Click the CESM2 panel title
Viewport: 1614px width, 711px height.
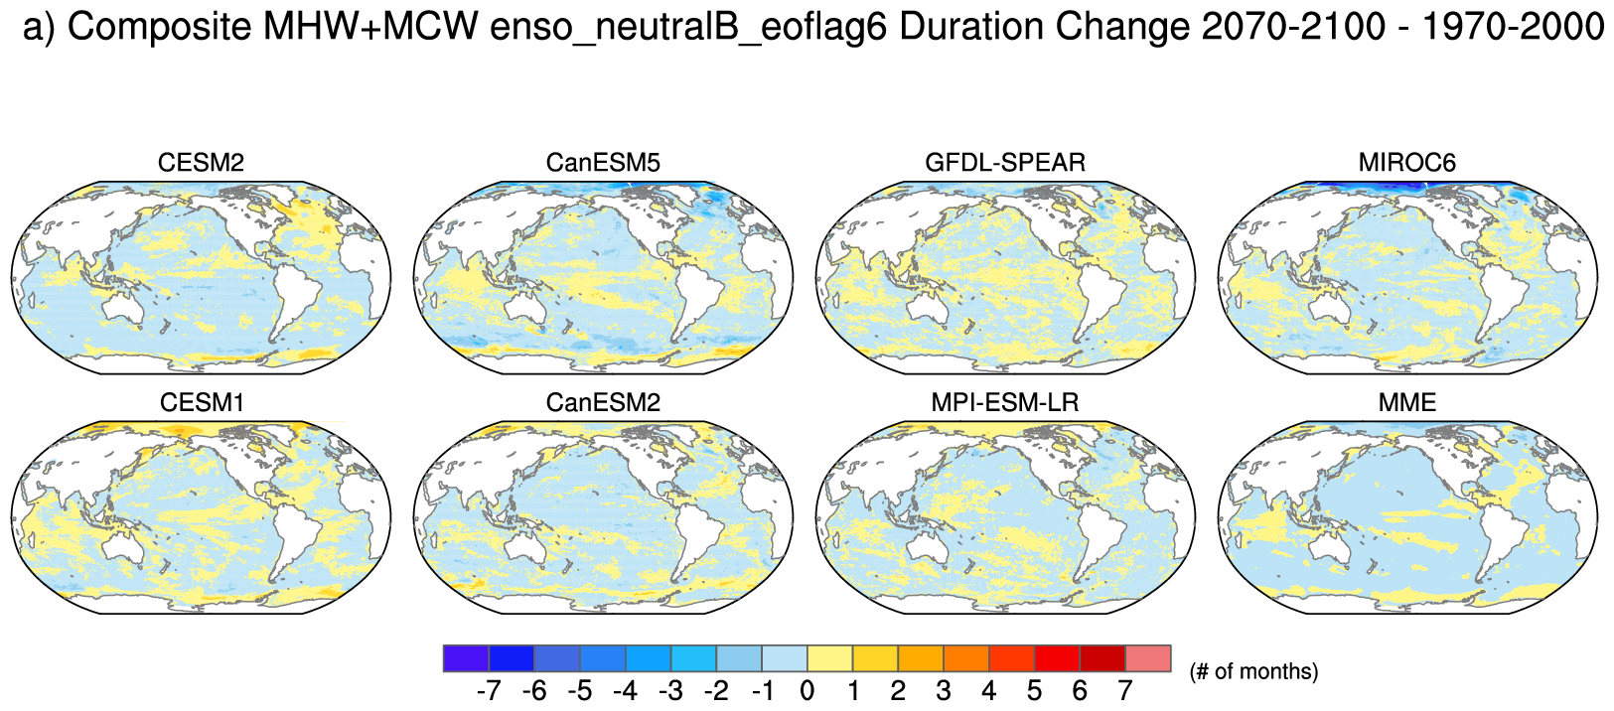click(x=201, y=163)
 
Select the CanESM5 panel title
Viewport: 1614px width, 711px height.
click(x=603, y=163)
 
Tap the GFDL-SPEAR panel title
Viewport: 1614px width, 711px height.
click(x=1005, y=163)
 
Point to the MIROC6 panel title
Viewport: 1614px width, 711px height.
click(x=1406, y=163)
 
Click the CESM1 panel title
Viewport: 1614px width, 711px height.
click(x=201, y=403)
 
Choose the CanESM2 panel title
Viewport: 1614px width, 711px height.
click(x=603, y=403)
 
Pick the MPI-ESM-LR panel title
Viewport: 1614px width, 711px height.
click(x=1005, y=403)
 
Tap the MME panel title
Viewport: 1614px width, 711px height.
click(x=1406, y=403)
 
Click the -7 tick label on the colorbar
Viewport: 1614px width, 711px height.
click(x=488, y=691)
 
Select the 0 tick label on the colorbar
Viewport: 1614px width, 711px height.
click(x=807, y=691)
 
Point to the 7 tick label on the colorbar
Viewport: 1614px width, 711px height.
click(x=1125, y=691)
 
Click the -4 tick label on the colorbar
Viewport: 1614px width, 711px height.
click(x=625, y=691)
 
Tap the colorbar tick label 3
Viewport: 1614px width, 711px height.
click(x=944, y=691)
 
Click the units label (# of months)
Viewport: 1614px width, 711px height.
click(x=1253, y=672)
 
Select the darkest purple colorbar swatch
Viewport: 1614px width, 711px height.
click(x=466, y=658)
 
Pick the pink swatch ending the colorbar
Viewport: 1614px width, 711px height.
click(x=1148, y=658)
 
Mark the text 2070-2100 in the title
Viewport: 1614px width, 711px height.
click(x=1292, y=27)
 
